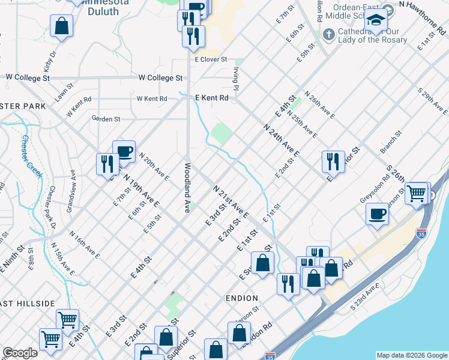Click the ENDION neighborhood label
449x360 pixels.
pyautogui.click(x=242, y=298)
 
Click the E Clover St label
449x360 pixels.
pyautogui.click(x=211, y=59)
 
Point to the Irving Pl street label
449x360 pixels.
pyautogui.click(x=236, y=79)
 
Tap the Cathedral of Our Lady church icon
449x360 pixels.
pyautogui.click(x=328, y=34)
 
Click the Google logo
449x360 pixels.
pyautogui.click(x=20, y=353)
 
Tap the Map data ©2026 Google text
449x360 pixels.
pyautogui.click(x=412, y=355)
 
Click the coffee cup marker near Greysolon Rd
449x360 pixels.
pyautogui.click(x=378, y=214)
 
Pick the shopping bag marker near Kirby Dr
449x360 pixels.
pyautogui.click(x=61, y=26)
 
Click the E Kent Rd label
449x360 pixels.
pyautogui.click(x=212, y=98)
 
